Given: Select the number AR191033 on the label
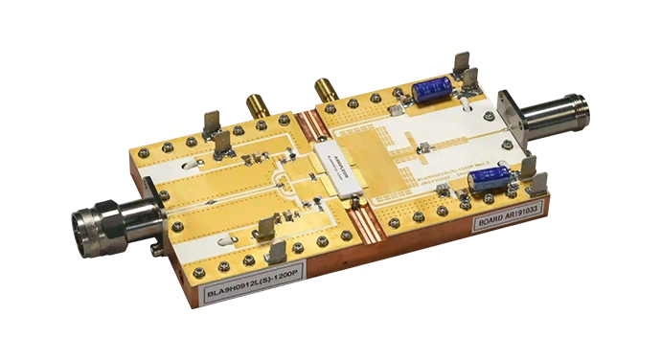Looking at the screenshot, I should [521, 214].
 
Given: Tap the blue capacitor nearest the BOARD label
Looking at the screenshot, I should [490, 177].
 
